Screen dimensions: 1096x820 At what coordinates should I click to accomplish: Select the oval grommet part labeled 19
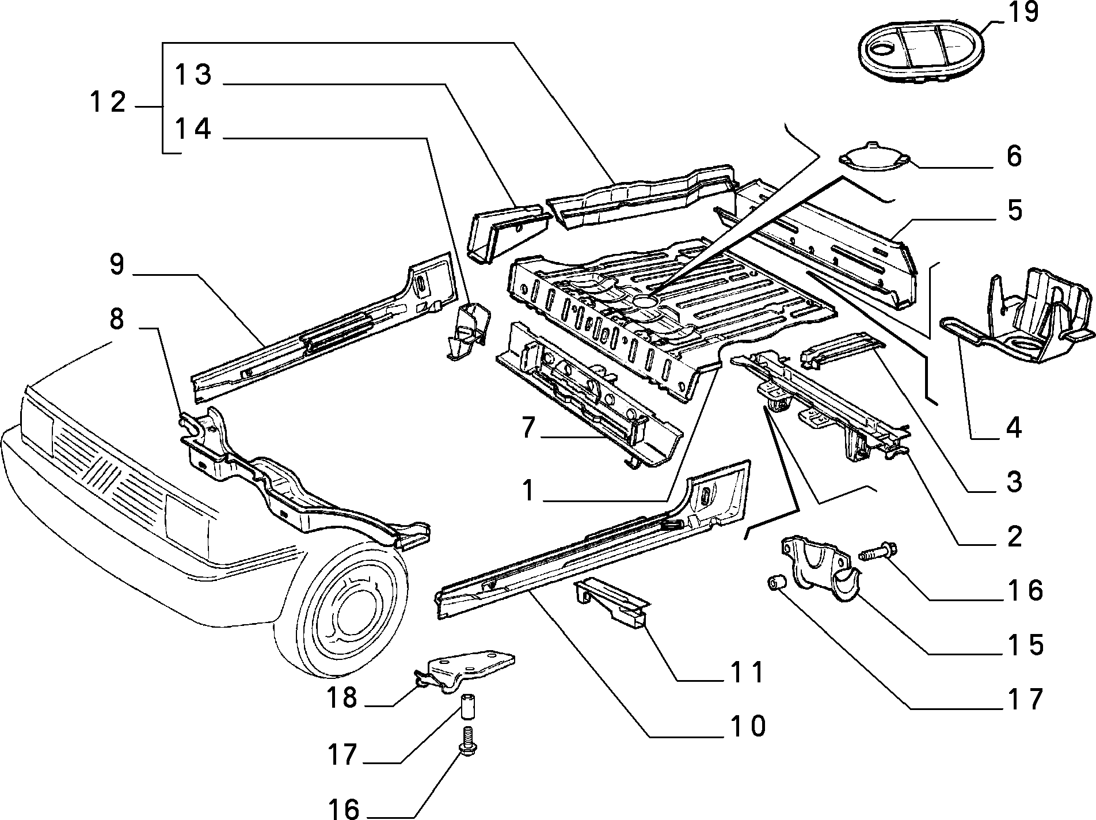920,51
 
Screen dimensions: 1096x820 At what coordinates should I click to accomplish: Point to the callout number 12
108,102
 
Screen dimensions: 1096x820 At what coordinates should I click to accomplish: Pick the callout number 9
117,264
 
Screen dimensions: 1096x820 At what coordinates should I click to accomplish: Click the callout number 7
529,429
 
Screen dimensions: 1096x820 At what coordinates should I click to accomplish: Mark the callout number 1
529,491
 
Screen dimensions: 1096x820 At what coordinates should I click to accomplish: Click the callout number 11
747,672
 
